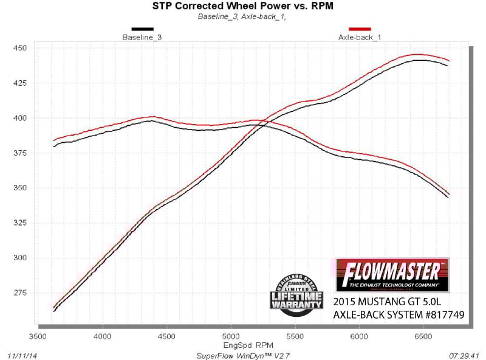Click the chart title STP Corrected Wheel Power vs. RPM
coord(242,7)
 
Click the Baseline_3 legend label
coord(142,37)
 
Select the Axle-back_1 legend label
coord(359,37)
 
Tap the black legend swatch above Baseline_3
coord(142,29)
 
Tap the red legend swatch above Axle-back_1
coord(360,29)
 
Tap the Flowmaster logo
coord(392,274)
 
